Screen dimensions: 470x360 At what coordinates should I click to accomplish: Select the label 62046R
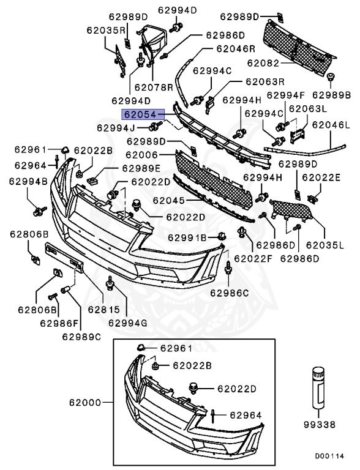tap(235, 48)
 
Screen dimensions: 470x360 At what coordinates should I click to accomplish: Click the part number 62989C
tap(81, 335)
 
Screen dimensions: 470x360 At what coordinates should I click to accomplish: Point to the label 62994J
tap(116, 128)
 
